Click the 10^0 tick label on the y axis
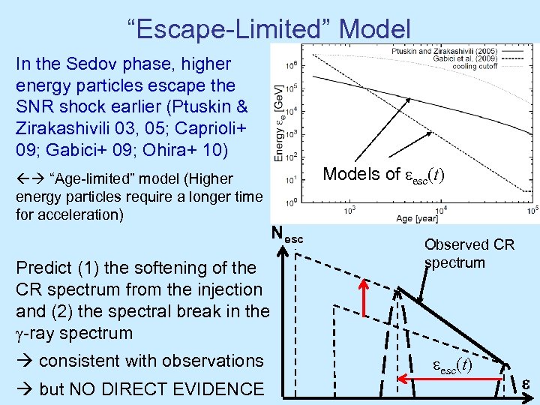click(289, 201)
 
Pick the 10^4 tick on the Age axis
click(443, 212)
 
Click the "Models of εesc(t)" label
click(383, 174)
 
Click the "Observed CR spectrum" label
click(469, 253)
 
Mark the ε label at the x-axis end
click(526, 385)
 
